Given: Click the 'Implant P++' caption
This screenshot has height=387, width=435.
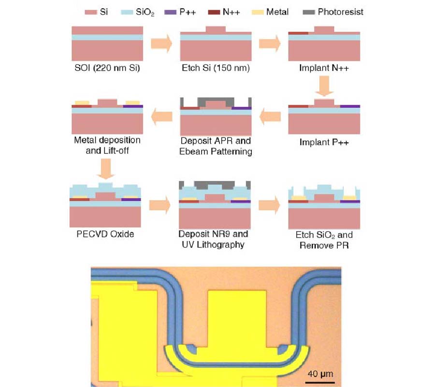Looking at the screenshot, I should (324, 143).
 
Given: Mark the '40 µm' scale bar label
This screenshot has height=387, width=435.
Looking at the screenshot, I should (319, 374).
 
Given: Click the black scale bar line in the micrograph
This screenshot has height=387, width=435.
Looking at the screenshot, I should (319, 382).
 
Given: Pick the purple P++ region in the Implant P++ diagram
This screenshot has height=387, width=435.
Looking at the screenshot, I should (350, 105).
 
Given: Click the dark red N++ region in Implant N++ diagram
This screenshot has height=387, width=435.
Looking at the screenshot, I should (298, 33).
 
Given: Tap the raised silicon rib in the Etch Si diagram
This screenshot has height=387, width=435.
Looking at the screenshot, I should (216, 29).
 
